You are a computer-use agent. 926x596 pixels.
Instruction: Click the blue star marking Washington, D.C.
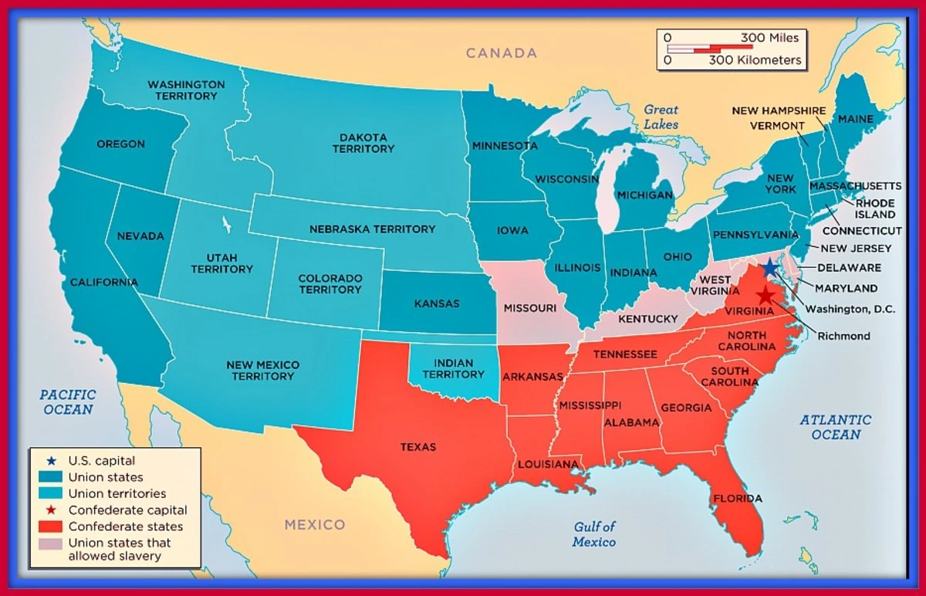pyautogui.click(x=769, y=269)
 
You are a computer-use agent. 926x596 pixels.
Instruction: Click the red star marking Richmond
pyautogui.click(x=765, y=296)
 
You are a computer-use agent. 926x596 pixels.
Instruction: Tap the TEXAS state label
pyautogui.click(x=417, y=447)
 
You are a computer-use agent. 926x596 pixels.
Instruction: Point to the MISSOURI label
pyautogui.click(x=530, y=308)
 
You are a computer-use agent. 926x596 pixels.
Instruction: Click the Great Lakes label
pyautogui.click(x=661, y=117)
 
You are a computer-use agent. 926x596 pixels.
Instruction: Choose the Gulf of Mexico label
pyautogui.click(x=594, y=534)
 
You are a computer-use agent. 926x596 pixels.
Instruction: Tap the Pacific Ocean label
pyautogui.click(x=68, y=401)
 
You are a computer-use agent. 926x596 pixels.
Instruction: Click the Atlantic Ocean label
pyautogui.click(x=835, y=427)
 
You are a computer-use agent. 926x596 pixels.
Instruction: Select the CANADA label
pyautogui.click(x=502, y=53)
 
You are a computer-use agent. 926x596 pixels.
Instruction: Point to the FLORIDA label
pyautogui.click(x=737, y=499)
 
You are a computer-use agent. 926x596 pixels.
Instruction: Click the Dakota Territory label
pyautogui.click(x=363, y=143)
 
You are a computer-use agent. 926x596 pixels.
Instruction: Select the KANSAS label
pyautogui.click(x=437, y=303)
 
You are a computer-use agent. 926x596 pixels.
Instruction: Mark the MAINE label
pyautogui.click(x=855, y=119)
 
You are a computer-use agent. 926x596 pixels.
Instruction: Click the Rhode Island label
pyautogui.click(x=874, y=208)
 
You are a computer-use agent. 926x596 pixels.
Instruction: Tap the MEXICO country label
pyautogui.click(x=315, y=525)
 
